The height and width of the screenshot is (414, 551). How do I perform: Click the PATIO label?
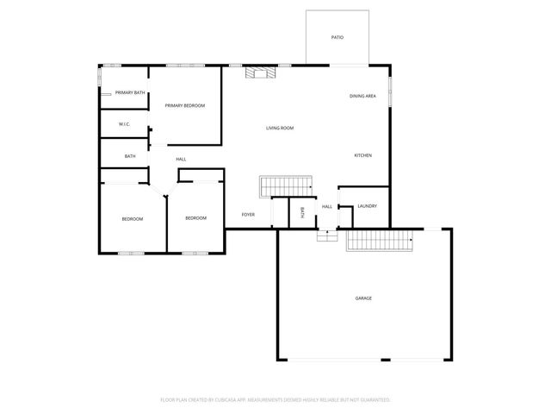pyautogui.click(x=337, y=38)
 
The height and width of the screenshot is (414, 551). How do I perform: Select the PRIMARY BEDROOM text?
pyautogui.click(x=185, y=105)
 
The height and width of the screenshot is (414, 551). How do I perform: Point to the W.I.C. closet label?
pyautogui.click(x=124, y=124)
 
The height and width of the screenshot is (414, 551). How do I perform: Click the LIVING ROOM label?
pyautogui.click(x=280, y=128)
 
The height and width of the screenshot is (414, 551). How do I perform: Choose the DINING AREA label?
pyautogui.click(x=362, y=96)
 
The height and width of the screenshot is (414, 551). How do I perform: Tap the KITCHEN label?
pyautogui.click(x=363, y=155)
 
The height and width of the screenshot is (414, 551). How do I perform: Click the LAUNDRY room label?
pyautogui.click(x=367, y=206)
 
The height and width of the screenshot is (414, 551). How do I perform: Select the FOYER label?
pyautogui.click(x=248, y=214)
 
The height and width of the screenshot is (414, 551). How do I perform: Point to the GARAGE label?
pyautogui.click(x=363, y=298)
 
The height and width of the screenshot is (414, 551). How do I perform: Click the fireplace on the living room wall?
pyautogui.click(x=261, y=73)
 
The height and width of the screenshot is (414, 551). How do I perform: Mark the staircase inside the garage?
pyautogui.click(x=381, y=241)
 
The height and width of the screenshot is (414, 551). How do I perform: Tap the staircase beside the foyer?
pyautogui.click(x=285, y=185)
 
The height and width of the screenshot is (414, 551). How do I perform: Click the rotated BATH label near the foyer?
pyautogui.click(x=302, y=212)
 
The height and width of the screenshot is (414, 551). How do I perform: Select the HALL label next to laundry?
pyautogui.click(x=327, y=207)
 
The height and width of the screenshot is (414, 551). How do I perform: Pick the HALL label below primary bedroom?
pyautogui.click(x=181, y=160)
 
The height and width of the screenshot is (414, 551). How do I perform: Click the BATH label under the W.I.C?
pyautogui.click(x=130, y=156)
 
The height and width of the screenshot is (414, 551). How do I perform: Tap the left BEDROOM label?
pyautogui.click(x=132, y=219)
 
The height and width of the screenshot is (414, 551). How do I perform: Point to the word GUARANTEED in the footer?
pyautogui.click(x=374, y=400)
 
